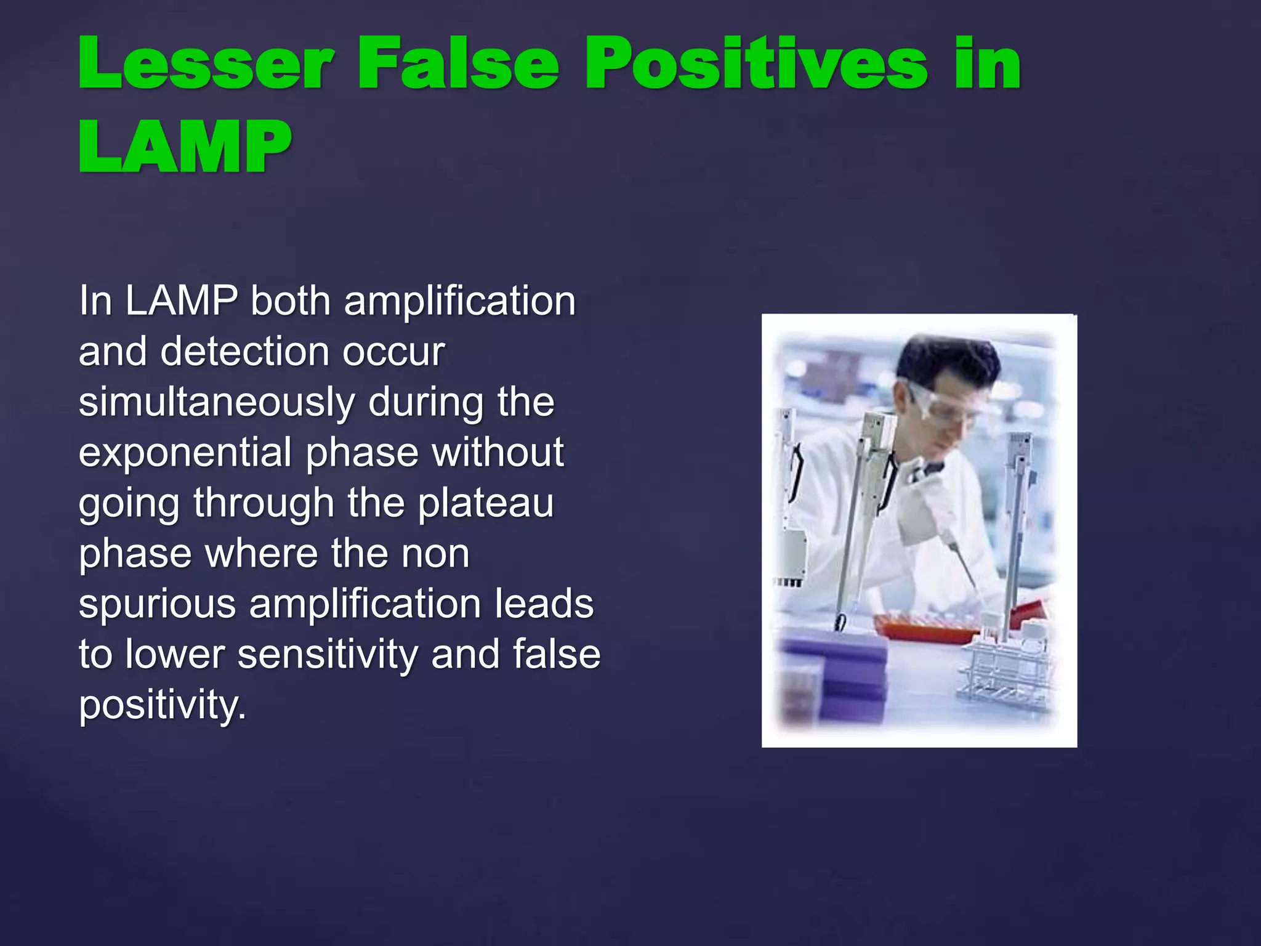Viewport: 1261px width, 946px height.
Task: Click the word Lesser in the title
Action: tap(206, 63)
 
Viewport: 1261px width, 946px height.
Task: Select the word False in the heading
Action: tap(459, 63)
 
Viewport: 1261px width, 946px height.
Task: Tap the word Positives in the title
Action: tap(755, 63)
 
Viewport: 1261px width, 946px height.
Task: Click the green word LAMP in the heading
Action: tap(185, 147)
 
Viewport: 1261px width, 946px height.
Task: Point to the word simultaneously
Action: tap(217, 403)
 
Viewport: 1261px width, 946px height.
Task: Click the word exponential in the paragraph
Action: tap(185, 453)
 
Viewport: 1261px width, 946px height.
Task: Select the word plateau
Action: tap(486, 504)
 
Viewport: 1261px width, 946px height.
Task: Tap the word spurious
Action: tap(157, 604)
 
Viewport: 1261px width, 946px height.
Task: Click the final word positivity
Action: tap(162, 705)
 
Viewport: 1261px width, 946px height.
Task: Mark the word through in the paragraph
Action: tap(264, 503)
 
